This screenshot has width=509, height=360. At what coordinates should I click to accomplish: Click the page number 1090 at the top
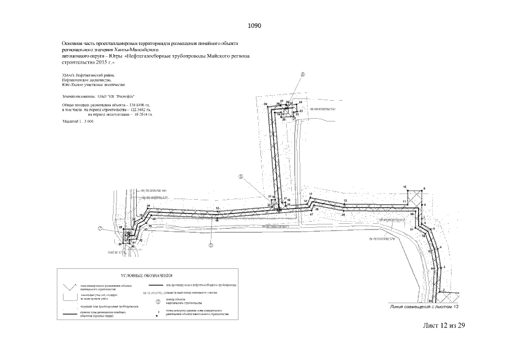click(254, 26)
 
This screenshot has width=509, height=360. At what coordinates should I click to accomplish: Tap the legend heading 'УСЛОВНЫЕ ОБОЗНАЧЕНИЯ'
click(146, 276)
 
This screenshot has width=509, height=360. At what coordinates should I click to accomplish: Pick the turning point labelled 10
click(404, 186)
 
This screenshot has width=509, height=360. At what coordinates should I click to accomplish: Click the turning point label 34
click(148, 206)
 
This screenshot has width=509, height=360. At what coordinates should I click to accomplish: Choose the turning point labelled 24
click(300, 102)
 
